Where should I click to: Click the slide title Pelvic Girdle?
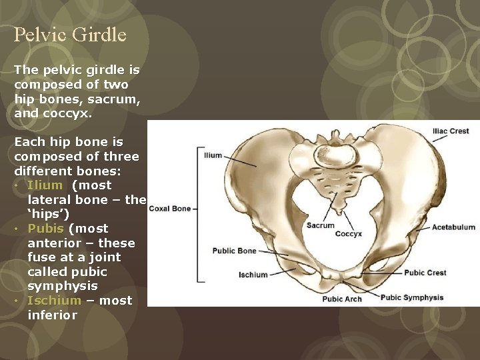(70, 35)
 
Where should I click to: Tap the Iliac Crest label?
(451, 131)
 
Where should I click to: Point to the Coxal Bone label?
(169, 209)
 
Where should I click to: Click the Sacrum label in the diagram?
(320, 225)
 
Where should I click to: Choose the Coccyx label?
(348, 234)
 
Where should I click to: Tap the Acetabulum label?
(453, 227)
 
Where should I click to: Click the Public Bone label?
(234, 251)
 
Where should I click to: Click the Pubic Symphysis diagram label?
(412, 298)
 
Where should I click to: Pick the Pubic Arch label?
(342, 299)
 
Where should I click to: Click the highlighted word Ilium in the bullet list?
(45, 185)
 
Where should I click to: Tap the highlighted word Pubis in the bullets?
(45, 229)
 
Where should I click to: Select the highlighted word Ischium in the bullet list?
(54, 301)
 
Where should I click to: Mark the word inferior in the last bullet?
(52, 315)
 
